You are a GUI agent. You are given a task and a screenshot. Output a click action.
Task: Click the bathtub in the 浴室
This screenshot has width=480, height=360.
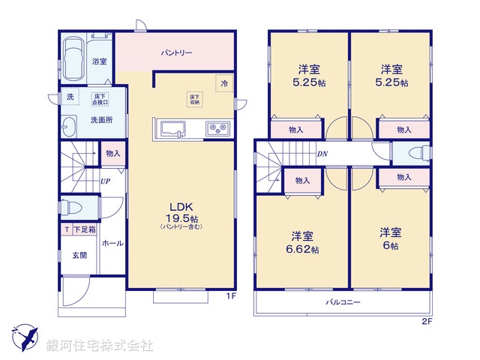(x=76, y=59)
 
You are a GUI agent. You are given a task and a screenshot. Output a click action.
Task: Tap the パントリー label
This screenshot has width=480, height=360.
(x=176, y=54)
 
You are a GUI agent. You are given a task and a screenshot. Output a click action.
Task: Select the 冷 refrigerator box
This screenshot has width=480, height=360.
(x=224, y=84)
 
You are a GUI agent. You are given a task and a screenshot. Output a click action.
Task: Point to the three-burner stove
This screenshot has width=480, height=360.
(x=217, y=129)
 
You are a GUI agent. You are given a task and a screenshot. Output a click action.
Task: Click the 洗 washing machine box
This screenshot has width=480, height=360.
(x=69, y=97)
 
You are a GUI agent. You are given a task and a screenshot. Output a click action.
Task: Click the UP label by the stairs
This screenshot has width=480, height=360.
(x=106, y=181)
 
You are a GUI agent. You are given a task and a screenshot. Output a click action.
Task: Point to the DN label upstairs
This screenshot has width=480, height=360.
(x=322, y=154)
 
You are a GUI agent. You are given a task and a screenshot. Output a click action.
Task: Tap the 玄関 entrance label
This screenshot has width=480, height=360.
(x=79, y=256)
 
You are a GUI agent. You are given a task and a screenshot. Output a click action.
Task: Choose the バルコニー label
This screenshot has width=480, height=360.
(x=343, y=302)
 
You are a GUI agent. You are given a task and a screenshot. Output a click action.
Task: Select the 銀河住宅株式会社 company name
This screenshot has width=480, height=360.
(x=100, y=346)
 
